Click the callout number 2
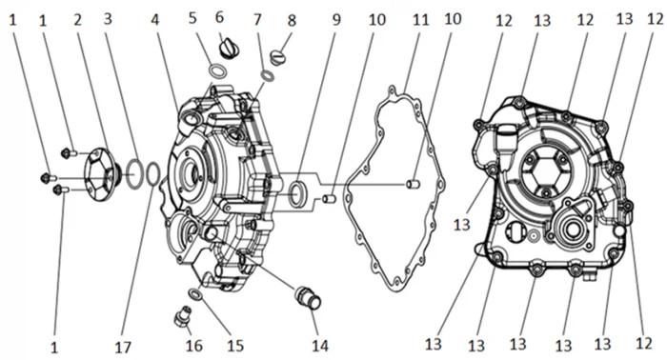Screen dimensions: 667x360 (77, 20)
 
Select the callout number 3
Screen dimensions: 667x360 (108, 19)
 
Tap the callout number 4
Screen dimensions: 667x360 (155, 20)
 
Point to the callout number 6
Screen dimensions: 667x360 (219, 17)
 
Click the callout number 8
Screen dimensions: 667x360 (292, 20)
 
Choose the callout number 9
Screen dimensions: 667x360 (336, 20)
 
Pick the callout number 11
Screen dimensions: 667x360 (420, 20)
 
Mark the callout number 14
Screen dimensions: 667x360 (320, 346)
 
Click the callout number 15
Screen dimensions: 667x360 (234, 346)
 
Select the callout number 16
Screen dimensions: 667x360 (193, 346)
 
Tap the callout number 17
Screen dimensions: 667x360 (123, 348)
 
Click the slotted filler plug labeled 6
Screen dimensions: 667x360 (230, 48)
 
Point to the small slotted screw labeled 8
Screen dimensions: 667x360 (277, 56)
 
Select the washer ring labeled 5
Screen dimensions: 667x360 (217, 70)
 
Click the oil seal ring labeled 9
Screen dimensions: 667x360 (296, 194)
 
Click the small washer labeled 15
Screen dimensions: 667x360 (194, 293)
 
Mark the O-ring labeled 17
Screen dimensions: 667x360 (153, 174)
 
